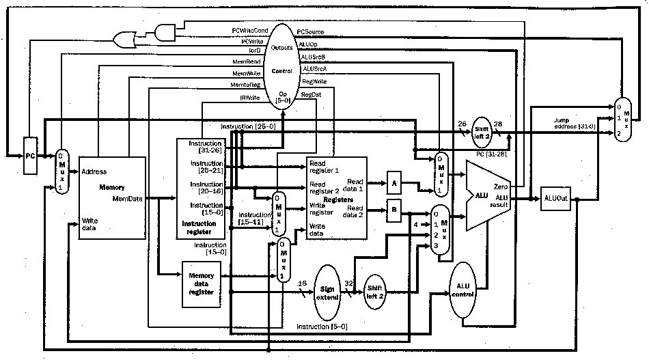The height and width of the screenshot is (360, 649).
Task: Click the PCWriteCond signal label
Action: (x=249, y=31)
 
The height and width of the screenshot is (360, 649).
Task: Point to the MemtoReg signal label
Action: (x=246, y=84)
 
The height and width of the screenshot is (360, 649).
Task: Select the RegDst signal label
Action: (x=310, y=95)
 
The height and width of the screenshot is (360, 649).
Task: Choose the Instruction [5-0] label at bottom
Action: (x=321, y=327)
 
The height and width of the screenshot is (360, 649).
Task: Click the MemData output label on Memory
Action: (x=127, y=199)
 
